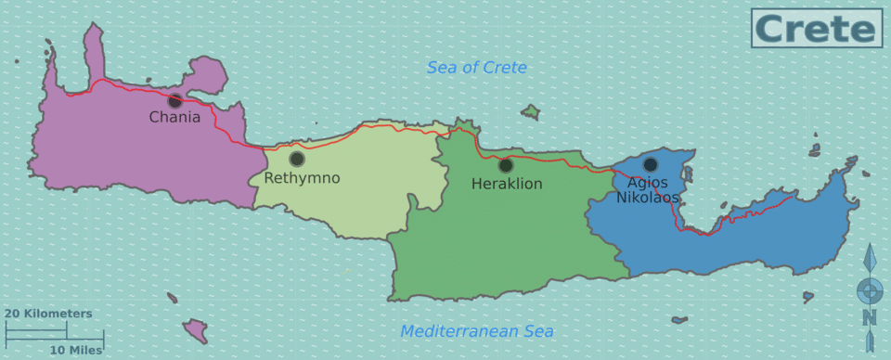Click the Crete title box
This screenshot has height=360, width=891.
(x=816, y=28)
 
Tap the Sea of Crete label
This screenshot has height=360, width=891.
(x=476, y=68)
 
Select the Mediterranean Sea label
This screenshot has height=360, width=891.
(x=476, y=331)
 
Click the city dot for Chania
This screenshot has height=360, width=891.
(x=174, y=100)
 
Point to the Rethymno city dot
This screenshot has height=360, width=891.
(x=297, y=159)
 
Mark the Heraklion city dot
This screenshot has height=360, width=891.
(x=506, y=165)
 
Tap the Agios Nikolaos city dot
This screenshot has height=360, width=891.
(x=651, y=164)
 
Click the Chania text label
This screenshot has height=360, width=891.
(x=174, y=118)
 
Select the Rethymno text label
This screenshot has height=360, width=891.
(x=302, y=178)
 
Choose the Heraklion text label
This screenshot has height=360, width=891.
(x=507, y=185)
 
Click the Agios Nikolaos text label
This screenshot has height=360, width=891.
(x=648, y=190)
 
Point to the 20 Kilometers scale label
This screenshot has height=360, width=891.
(x=48, y=314)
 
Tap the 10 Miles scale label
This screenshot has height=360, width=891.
(x=76, y=350)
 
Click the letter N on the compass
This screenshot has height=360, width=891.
(x=869, y=318)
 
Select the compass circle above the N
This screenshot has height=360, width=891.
(x=869, y=290)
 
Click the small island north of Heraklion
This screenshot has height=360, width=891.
(x=530, y=112)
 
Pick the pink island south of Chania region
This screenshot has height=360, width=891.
(x=195, y=328)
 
